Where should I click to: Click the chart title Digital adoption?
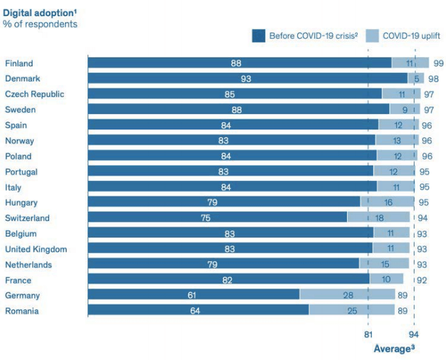(38, 12)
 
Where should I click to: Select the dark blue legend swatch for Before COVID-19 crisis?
(259, 35)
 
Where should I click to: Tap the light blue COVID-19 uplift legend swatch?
(373, 35)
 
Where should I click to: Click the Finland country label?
(19, 63)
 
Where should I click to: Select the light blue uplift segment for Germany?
(347, 295)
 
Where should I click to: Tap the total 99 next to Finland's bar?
(438, 63)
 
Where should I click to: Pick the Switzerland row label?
(27, 218)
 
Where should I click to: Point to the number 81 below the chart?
(367, 334)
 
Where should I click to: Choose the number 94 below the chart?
(414, 334)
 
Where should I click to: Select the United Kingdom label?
(35, 249)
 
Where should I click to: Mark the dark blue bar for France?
(228, 279)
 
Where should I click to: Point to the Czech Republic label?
(34, 94)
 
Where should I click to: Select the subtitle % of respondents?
(40, 24)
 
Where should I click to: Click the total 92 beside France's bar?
(422, 279)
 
